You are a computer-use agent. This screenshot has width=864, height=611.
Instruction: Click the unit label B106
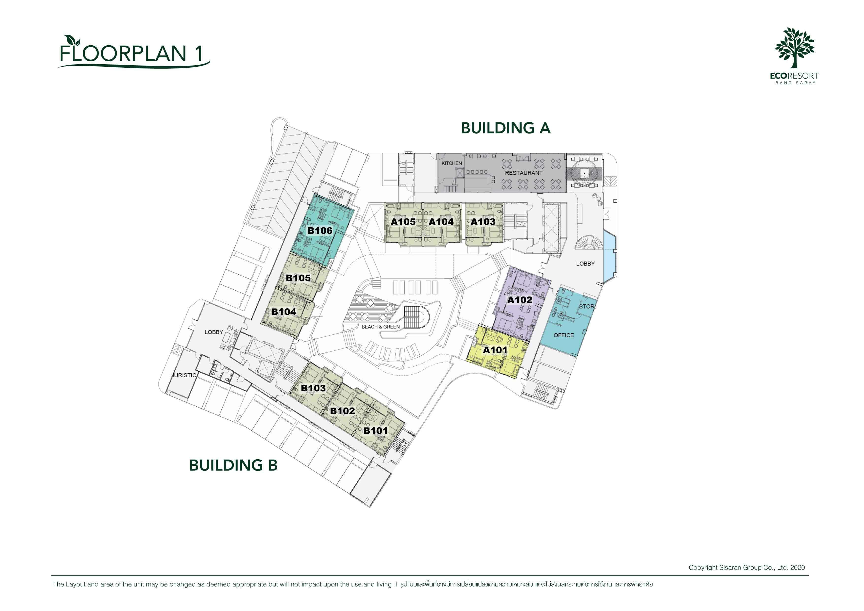320,230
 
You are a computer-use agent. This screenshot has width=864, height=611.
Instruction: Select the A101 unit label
495,350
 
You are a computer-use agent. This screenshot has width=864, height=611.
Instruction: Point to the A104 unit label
441,222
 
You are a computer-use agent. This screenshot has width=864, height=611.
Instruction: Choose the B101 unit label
375,431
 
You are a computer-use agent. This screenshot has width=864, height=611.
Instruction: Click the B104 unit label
284,312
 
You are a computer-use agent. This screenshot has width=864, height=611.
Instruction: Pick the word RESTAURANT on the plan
523,173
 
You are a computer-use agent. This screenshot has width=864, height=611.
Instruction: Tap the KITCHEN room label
451,163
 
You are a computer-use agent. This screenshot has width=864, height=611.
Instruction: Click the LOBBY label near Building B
214,332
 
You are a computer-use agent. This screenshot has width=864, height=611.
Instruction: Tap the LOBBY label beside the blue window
585,264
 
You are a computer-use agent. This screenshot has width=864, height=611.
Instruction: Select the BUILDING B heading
233,465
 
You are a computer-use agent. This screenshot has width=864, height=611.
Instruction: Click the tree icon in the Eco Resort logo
794,48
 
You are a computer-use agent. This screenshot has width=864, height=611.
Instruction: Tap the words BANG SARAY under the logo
795,83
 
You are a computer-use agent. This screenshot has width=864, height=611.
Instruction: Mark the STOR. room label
587,307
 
